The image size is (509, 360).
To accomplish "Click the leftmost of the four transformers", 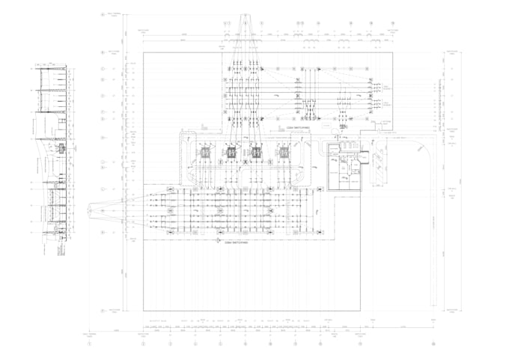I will coord(204,153).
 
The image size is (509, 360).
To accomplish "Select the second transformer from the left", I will coord(231,153).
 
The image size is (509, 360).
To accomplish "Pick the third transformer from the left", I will coord(257,153).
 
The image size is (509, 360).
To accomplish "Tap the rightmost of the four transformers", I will coord(284,153).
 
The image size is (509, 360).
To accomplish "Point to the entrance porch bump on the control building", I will coord(365,157).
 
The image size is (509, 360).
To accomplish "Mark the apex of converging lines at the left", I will coord(89,211).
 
